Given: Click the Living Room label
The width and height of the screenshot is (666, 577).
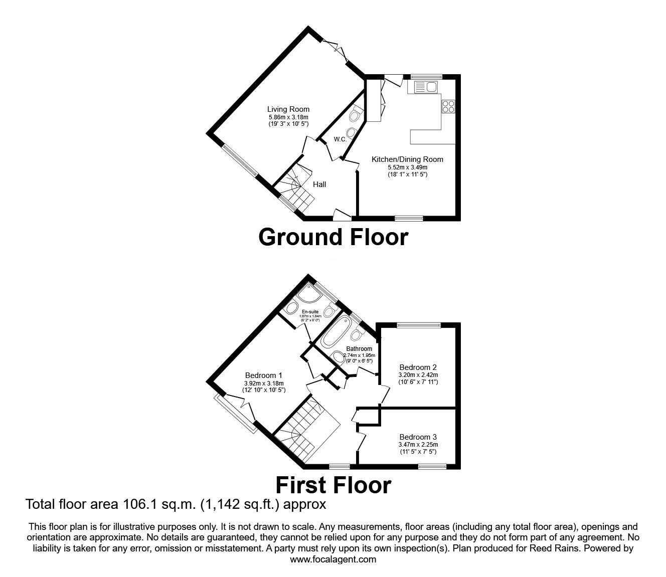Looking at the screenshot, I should pyautogui.click(x=288, y=109).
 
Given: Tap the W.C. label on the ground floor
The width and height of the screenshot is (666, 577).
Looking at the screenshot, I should pyautogui.click(x=340, y=139).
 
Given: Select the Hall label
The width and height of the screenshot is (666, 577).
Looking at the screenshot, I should pyautogui.click(x=319, y=184).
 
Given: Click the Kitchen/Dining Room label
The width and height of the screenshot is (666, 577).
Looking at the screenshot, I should pyautogui.click(x=407, y=159).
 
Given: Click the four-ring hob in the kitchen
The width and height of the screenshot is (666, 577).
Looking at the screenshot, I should pyautogui.click(x=447, y=106).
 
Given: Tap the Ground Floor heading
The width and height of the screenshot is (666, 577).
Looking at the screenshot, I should pyautogui.click(x=333, y=237).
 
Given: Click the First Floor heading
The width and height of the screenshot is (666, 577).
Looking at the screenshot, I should pyautogui.click(x=333, y=485).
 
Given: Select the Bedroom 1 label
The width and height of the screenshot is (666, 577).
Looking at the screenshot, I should pyautogui.click(x=263, y=375).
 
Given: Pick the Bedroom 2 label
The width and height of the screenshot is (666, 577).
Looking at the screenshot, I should pyautogui.click(x=418, y=367).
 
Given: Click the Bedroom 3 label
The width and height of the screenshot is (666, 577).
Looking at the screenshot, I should pyautogui.click(x=418, y=437).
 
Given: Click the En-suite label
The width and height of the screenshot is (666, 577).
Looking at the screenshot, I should pyautogui.click(x=310, y=312).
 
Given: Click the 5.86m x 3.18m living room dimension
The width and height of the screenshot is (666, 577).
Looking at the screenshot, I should pyautogui.click(x=288, y=117).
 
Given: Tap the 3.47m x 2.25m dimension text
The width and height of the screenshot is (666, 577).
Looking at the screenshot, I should pyautogui.click(x=418, y=444).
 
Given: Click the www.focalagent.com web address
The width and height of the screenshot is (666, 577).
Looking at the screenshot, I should pyautogui.click(x=333, y=559).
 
